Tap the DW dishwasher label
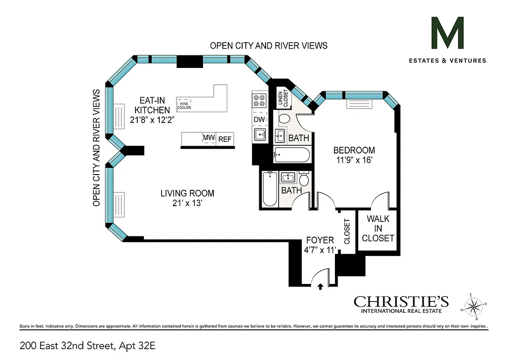pyautogui.click(x=259, y=119)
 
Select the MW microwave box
pyautogui.click(x=208, y=139)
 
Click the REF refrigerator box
pyautogui.click(x=225, y=139)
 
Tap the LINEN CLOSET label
pyautogui.click(x=282, y=97)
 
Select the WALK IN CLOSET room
pyautogui.click(x=378, y=229)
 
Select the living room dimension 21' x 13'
pyautogui.click(x=187, y=203)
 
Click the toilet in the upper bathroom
pyautogui.click(x=284, y=120)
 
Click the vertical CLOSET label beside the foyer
pyautogui.click(x=347, y=231)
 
